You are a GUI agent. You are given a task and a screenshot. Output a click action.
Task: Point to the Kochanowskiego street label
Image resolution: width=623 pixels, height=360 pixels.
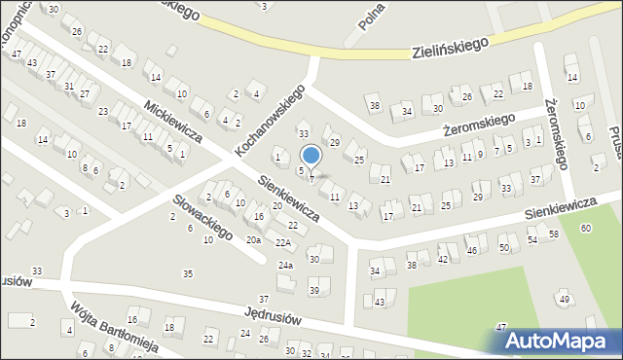[270, 121]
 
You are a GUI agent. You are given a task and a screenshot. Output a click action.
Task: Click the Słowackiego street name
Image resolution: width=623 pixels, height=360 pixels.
[202, 216]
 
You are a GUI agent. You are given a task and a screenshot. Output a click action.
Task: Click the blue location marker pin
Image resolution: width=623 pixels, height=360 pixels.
[311, 157]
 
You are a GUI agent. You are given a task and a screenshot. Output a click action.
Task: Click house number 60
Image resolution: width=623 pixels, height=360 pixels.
[584, 228]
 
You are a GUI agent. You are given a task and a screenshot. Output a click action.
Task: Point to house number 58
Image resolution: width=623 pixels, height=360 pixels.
[553, 234]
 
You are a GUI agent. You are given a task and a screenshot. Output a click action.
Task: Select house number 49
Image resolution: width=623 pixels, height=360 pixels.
[565, 299]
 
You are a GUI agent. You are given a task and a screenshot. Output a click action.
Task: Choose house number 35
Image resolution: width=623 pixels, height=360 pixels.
[188, 273]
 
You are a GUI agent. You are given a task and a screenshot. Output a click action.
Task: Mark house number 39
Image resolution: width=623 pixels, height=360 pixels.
[313, 291]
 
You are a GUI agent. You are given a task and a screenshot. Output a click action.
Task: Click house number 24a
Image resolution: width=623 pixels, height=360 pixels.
[285, 265]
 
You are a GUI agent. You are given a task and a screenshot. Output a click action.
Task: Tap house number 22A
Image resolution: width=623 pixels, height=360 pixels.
[282, 243]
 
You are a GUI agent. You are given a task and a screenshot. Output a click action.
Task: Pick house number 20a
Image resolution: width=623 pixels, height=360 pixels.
[253, 239]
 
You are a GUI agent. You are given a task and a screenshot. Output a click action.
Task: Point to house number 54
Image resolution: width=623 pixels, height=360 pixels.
[532, 239]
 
